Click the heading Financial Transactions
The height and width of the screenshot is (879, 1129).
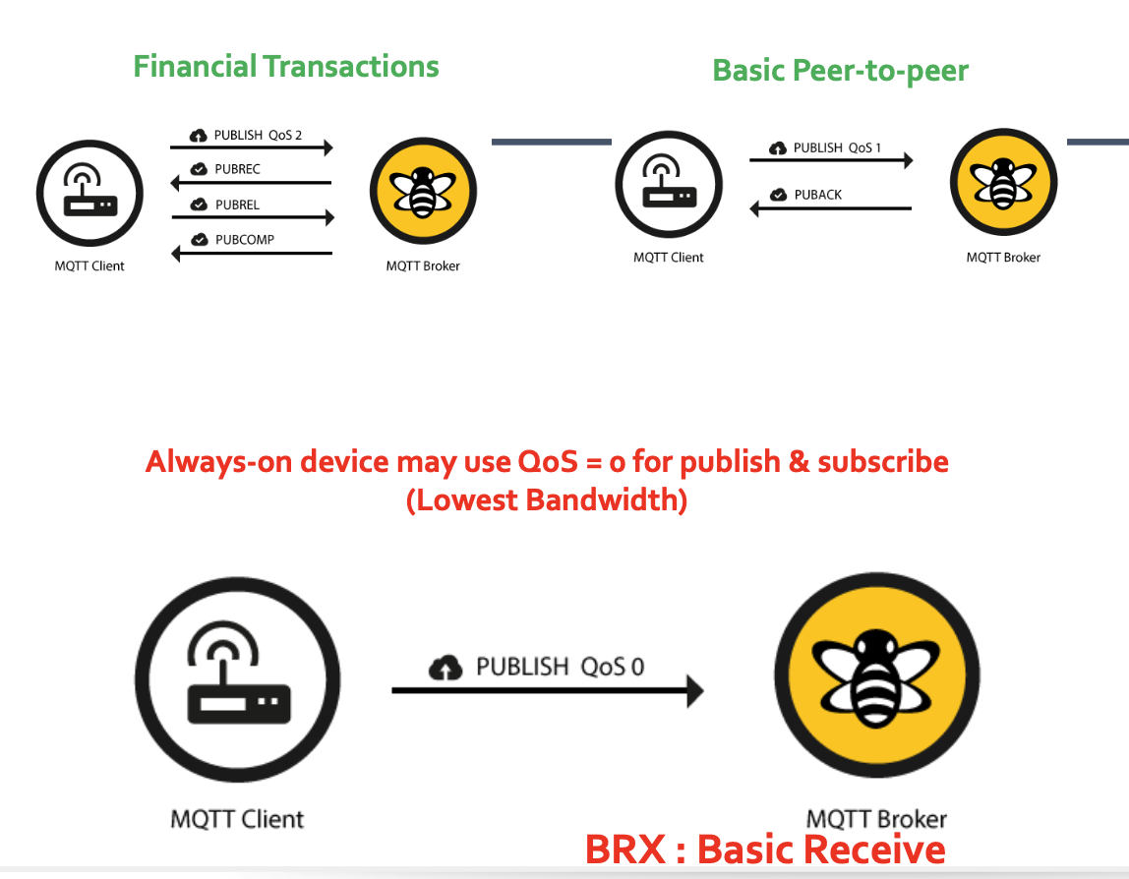(x=286, y=67)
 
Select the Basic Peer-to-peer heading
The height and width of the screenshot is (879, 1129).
(x=840, y=71)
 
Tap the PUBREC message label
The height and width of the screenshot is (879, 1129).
(x=238, y=169)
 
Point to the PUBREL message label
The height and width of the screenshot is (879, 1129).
(x=238, y=205)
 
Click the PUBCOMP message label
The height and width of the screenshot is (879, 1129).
(x=245, y=239)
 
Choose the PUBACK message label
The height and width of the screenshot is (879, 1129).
(x=818, y=195)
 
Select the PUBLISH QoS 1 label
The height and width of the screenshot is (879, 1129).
(x=837, y=147)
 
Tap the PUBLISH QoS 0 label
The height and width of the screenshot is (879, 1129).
(x=560, y=667)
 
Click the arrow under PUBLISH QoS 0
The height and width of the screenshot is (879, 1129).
(x=547, y=690)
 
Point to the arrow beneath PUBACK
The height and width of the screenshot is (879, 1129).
(x=830, y=208)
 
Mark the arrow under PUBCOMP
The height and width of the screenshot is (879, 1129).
(x=252, y=254)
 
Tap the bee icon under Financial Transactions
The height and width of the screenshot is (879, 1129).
(x=423, y=191)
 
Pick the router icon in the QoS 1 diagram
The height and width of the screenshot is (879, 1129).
(x=669, y=184)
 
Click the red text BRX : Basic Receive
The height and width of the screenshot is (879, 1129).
(x=765, y=850)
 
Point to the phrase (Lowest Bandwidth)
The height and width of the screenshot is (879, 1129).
(x=547, y=499)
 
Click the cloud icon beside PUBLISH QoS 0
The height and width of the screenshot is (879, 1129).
(x=446, y=668)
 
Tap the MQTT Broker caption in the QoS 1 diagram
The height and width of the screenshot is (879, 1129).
(x=1002, y=258)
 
